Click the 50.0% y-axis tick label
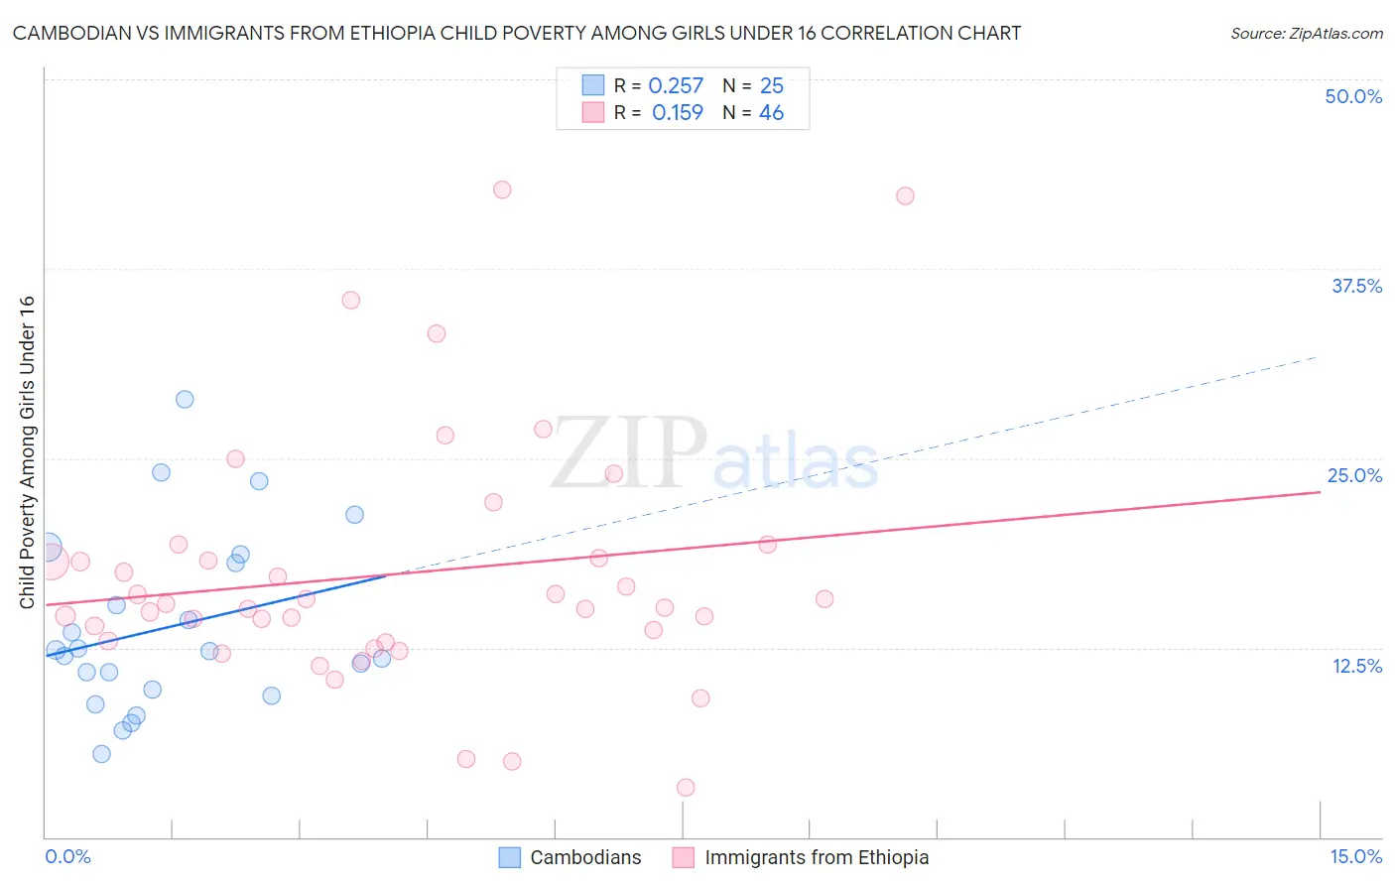1353,96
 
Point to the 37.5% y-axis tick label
1356,286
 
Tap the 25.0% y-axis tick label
1354,475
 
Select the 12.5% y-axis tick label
1356,666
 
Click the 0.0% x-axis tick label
67,856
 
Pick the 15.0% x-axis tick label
1355,856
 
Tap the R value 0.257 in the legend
676,86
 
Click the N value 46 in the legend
771,113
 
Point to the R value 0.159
678,113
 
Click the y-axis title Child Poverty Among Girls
27,452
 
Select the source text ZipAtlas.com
1307,34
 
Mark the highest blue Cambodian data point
185,400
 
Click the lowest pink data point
686,788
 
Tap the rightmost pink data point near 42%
905,196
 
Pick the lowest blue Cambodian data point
101,754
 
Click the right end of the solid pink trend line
1320,492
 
